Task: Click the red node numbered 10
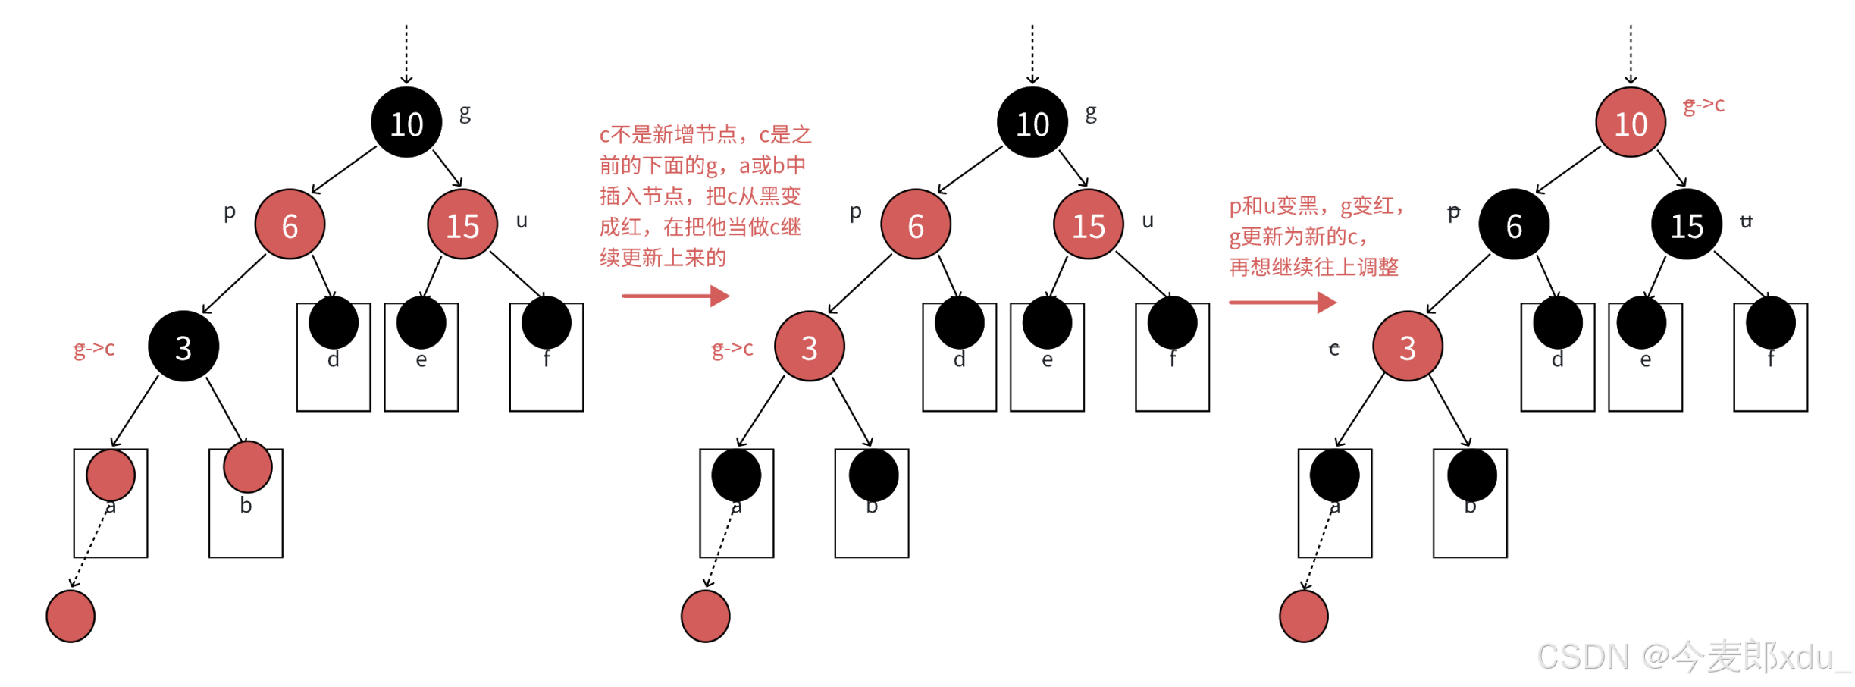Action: [x=1630, y=122]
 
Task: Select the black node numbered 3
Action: [x=183, y=347]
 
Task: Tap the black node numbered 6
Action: [x=1513, y=224]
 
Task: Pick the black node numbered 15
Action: [x=1686, y=224]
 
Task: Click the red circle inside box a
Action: [x=111, y=475]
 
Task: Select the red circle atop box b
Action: [x=247, y=466]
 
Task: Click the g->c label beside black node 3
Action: [x=94, y=348]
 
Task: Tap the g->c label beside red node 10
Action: [x=1703, y=105]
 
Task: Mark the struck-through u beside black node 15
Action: [x=1746, y=221]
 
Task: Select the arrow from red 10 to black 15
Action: [x=1671, y=168]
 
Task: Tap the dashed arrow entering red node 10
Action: [x=1630, y=53]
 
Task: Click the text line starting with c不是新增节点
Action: [x=705, y=135]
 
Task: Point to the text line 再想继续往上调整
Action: [x=1313, y=267]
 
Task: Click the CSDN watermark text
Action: [x=1692, y=657]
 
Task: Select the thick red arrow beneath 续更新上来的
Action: [x=675, y=296]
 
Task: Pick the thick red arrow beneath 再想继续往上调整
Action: [x=1282, y=303]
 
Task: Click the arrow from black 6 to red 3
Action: [x=1457, y=284]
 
